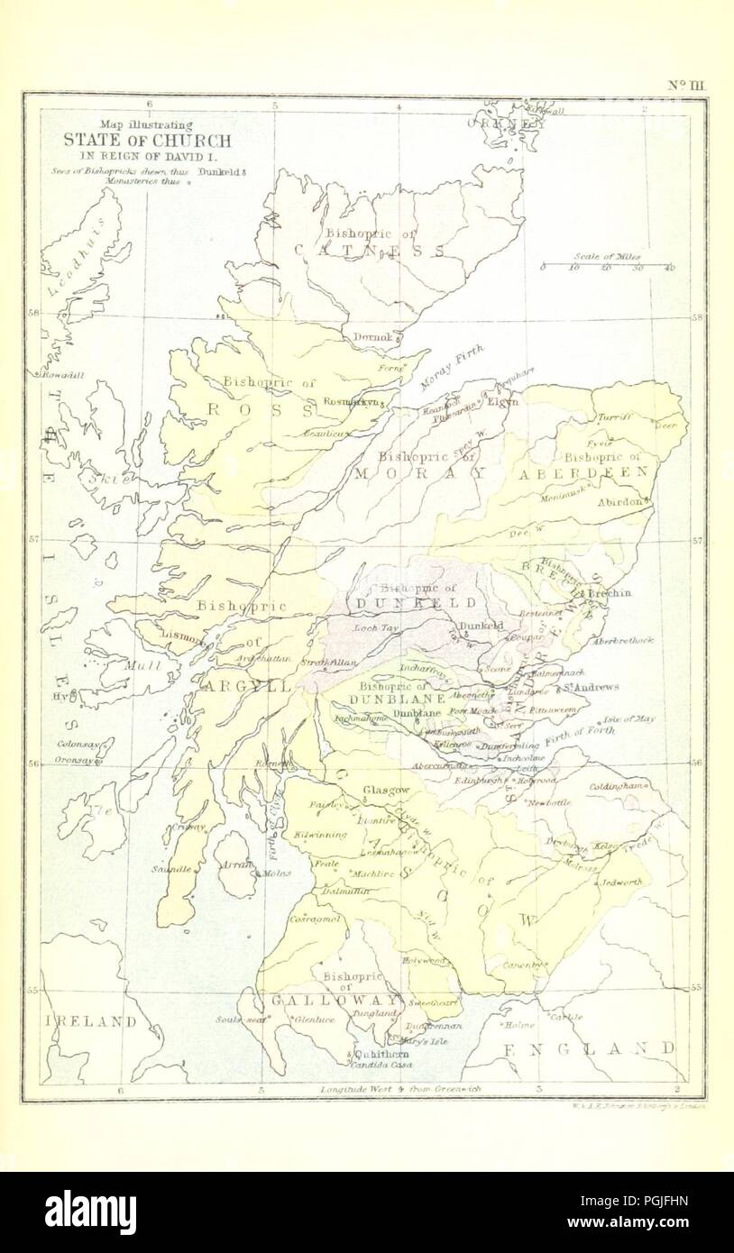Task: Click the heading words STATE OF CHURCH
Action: click(x=146, y=141)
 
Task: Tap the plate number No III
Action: click(x=690, y=85)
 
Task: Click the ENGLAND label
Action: click(x=588, y=1048)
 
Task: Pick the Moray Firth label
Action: click(x=453, y=367)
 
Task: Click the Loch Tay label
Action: click(x=376, y=626)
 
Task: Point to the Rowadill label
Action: click(x=61, y=375)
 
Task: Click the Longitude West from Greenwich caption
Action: click(x=400, y=1089)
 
